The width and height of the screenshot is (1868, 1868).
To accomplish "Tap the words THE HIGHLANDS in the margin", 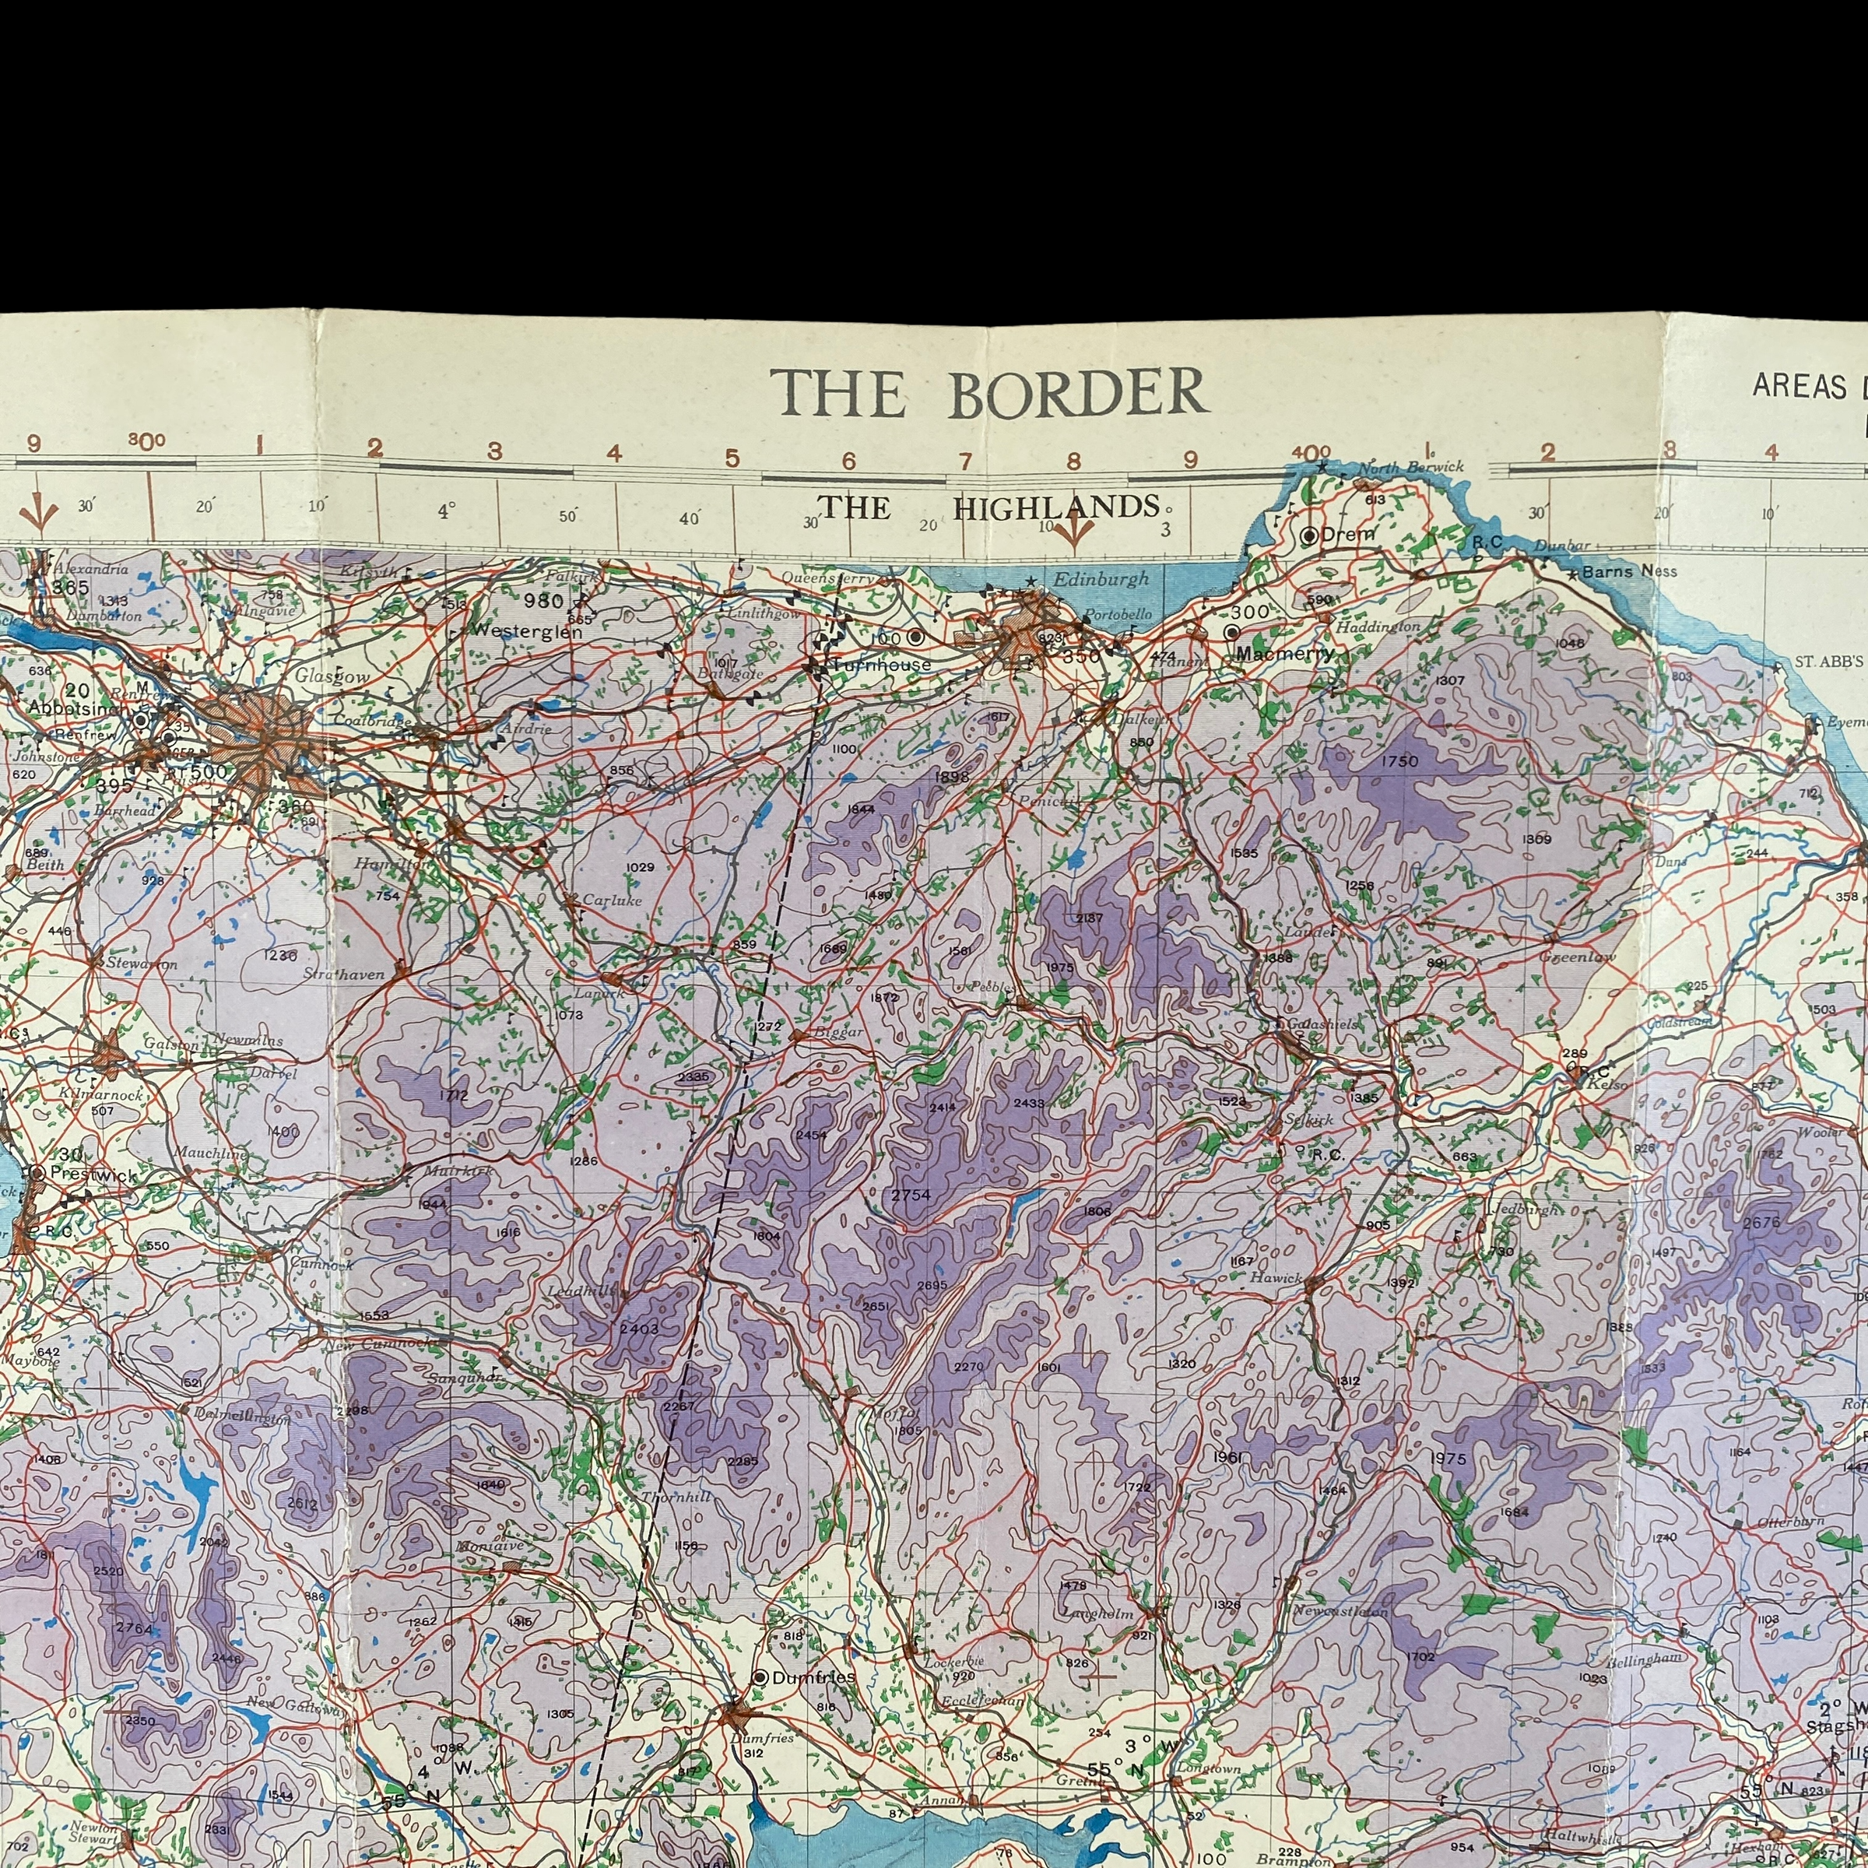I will [988, 507].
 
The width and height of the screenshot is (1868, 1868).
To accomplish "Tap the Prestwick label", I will [93, 1174].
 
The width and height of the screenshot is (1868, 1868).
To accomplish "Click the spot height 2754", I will [910, 1195].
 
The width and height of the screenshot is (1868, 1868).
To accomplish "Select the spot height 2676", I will [1761, 1222].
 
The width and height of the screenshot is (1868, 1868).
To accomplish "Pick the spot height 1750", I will [1399, 761].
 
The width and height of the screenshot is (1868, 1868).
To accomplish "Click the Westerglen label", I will [527, 632].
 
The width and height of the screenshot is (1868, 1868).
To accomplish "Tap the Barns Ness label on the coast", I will [1629, 571].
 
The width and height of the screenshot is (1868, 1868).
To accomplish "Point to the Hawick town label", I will [1276, 1277].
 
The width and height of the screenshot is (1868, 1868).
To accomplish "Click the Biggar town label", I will [838, 1031].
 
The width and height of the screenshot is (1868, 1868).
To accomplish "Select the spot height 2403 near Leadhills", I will [638, 1329].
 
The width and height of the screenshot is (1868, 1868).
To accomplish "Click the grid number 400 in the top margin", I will [1310, 451].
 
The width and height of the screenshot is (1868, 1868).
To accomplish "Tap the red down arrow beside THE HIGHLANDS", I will [1073, 530].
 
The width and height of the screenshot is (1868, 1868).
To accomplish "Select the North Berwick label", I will [1410, 467].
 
